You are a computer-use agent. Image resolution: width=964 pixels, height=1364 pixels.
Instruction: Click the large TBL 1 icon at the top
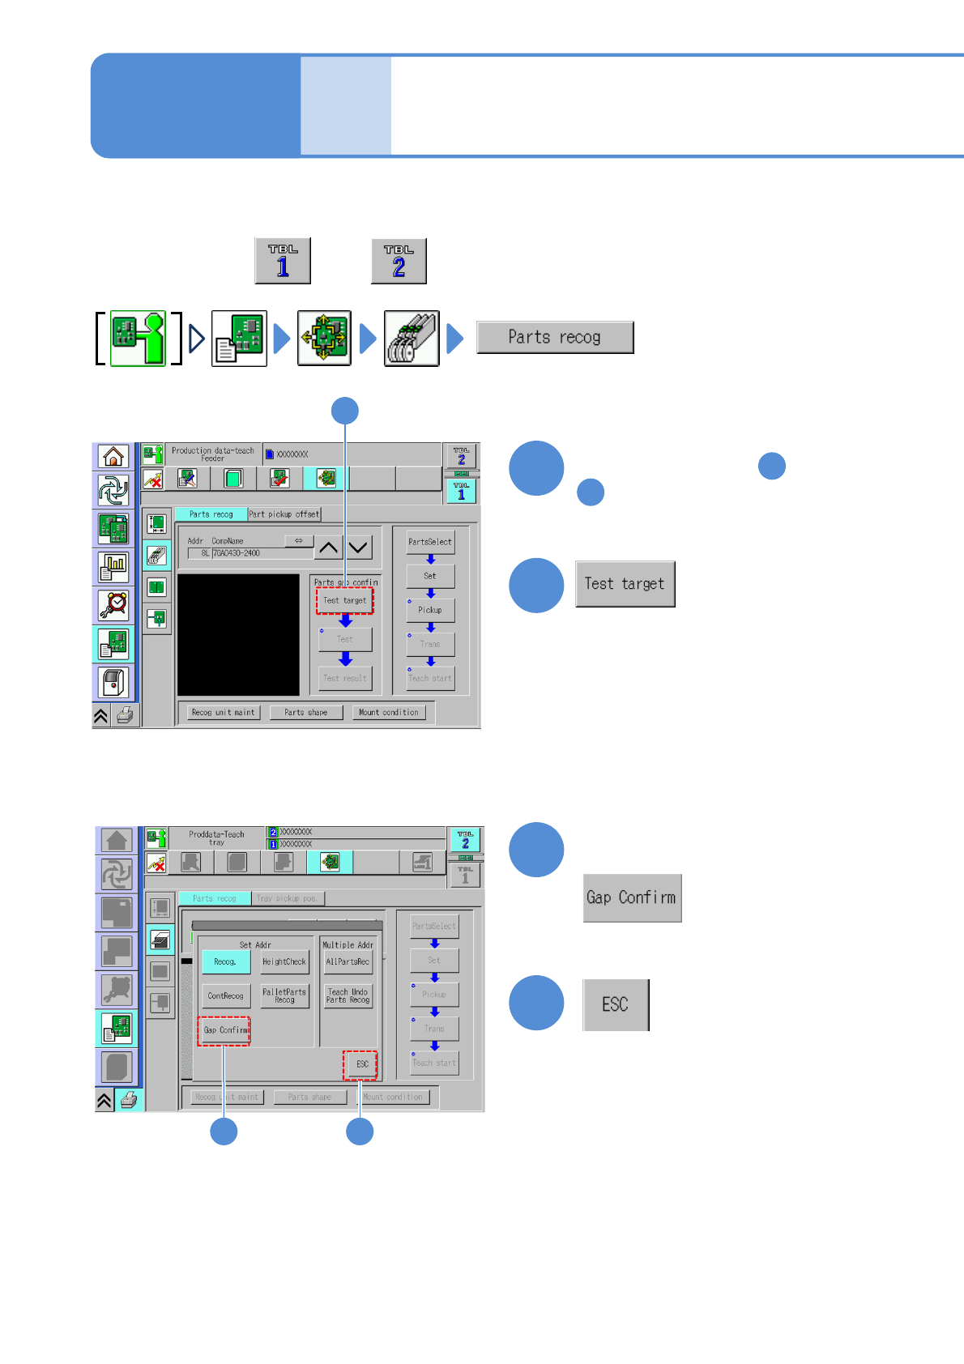283,261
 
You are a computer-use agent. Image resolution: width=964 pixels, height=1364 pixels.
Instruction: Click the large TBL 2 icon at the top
399,261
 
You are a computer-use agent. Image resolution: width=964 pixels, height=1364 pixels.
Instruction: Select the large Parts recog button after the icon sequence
555,337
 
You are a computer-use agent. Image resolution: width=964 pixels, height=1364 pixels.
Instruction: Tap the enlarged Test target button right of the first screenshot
625,584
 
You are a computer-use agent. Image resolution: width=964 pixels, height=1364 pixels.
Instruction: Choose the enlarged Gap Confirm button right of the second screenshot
632,897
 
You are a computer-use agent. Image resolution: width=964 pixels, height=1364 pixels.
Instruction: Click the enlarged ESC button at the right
616,1004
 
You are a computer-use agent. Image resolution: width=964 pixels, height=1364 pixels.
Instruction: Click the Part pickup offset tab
284,514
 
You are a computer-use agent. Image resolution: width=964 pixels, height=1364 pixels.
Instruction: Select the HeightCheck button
284,962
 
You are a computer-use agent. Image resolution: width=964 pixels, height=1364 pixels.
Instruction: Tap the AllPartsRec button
348,962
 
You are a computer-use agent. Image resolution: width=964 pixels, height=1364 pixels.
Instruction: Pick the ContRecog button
225,996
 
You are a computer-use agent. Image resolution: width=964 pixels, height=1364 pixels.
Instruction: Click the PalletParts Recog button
284,996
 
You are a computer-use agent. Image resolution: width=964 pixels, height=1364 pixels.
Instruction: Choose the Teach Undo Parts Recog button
348,996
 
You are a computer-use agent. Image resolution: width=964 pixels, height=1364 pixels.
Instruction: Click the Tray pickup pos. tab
287,898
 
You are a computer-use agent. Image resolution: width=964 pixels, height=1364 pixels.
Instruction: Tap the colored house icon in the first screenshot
113,457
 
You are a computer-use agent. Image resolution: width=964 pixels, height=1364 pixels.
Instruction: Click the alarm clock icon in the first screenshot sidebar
113,604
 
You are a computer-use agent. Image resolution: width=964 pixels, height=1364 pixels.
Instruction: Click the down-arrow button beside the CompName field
358,548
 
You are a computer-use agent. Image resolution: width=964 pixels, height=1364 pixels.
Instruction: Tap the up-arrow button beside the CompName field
328,548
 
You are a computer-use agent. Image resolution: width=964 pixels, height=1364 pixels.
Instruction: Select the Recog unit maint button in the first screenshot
223,713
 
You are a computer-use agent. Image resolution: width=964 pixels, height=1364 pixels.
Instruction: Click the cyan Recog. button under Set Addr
225,962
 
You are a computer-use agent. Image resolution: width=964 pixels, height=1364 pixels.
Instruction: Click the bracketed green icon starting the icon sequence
138,339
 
